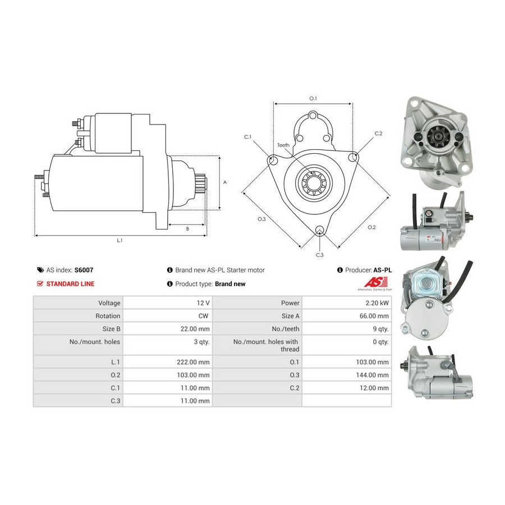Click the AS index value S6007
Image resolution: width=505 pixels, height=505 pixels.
pos(84,270)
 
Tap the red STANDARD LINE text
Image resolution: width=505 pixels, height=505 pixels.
pos(70,284)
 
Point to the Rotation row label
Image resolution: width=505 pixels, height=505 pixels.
pos(108,316)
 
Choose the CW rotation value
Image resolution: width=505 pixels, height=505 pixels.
pos(203,316)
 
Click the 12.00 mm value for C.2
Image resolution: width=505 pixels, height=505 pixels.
pos(374,388)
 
